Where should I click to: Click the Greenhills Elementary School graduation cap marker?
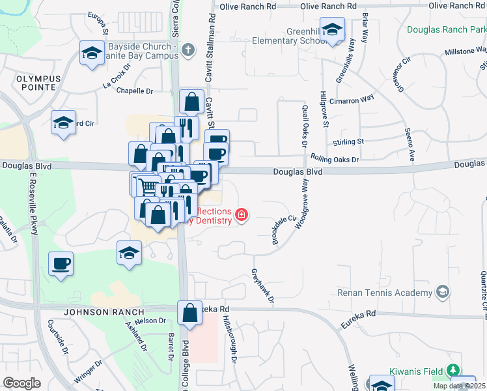pos(332,31)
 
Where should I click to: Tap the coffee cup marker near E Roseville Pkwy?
pos(61,264)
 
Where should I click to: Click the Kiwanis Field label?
pos(417,371)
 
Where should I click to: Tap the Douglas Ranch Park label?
pos(447,30)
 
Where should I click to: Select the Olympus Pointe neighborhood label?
pos(38,83)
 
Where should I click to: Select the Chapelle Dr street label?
pos(135,91)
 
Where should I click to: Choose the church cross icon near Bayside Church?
pos(188,50)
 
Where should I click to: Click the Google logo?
pos(21,383)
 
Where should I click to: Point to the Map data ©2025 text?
pos(459,386)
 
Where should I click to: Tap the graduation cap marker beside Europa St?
pos(92,53)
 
